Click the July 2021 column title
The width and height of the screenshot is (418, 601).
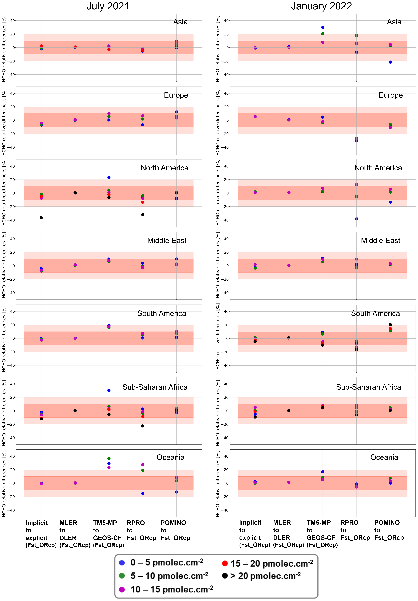108,6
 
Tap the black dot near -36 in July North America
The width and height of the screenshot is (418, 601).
41,218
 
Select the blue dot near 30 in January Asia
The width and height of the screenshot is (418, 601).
323,27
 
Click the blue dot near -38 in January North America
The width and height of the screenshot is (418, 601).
356,219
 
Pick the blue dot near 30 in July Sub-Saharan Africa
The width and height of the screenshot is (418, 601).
109,390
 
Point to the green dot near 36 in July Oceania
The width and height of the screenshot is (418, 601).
109,459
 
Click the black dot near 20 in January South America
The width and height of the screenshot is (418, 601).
390,325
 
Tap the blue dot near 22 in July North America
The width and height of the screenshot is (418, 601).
109,178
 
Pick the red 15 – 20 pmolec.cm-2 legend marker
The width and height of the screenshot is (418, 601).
225,563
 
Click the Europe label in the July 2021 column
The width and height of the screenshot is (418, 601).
176,95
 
